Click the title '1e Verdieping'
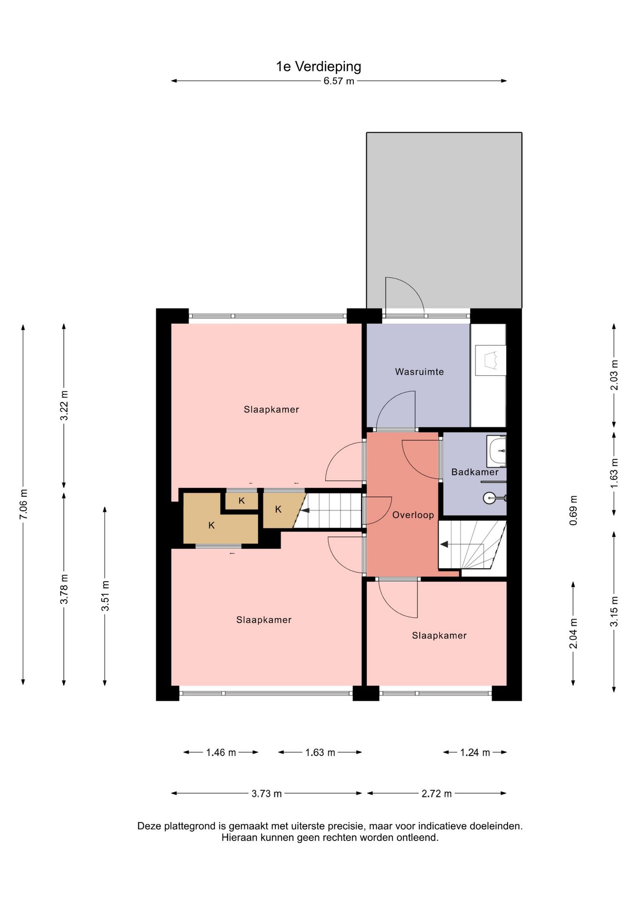coord(318,67)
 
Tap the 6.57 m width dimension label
coord(339,81)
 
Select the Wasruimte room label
coord(419,372)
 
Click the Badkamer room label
coord(475,472)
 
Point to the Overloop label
coord(413,515)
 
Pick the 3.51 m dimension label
coord(106,595)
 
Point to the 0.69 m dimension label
coord(573,510)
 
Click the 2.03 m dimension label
coord(614,375)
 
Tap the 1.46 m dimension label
coord(221,752)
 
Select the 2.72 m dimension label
coord(436,794)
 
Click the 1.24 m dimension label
coord(475,752)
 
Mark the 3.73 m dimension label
coord(266,794)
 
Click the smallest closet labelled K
coord(242,501)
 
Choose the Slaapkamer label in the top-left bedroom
coord(271,409)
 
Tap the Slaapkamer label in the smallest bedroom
coord(439,636)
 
